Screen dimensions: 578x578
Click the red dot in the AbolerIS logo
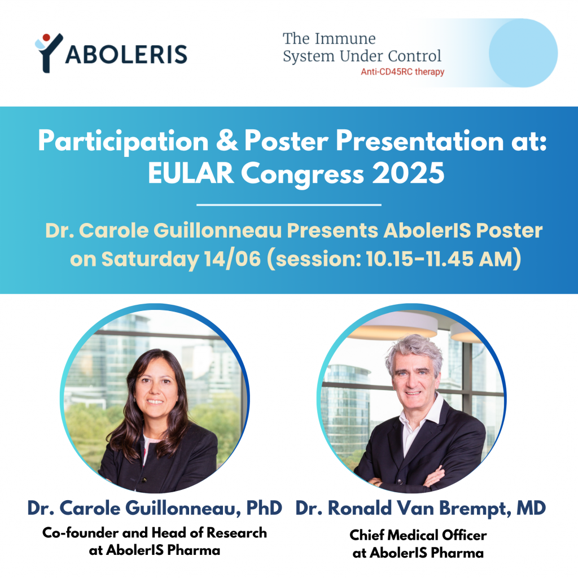[x=46, y=37]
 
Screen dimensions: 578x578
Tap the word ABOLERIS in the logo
[x=126, y=55]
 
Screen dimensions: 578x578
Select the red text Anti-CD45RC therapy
[x=402, y=72]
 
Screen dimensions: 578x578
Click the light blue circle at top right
[x=523, y=53]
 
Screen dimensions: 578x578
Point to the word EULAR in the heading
[x=191, y=173]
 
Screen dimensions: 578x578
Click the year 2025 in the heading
[x=408, y=173]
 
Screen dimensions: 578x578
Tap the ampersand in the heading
[x=227, y=141]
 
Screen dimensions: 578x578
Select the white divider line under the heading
[x=289, y=204]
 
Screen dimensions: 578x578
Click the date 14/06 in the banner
[x=233, y=259]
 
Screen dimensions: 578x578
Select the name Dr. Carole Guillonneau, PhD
[x=155, y=508]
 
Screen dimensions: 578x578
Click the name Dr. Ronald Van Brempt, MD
[x=421, y=508]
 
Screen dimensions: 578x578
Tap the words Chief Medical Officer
[x=418, y=535]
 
